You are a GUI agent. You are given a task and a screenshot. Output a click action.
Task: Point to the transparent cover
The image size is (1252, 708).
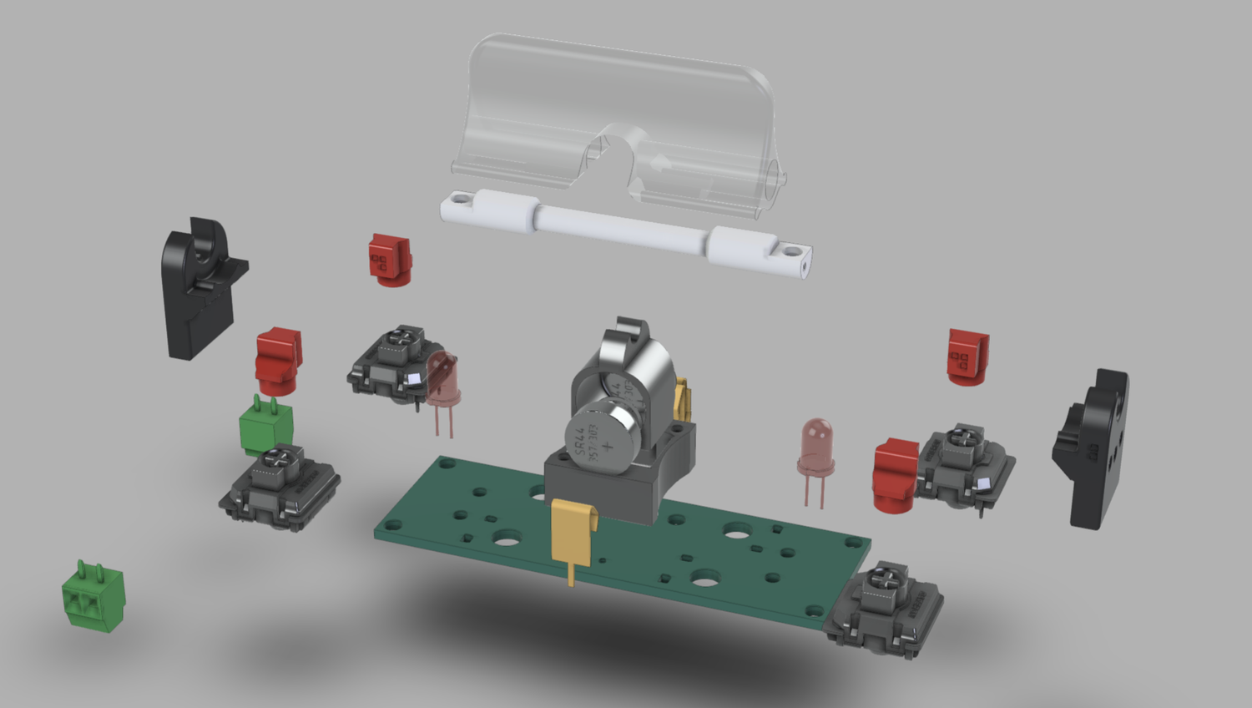tap(618, 109)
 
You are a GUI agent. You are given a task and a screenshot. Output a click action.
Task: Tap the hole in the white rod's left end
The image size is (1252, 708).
tap(457, 200)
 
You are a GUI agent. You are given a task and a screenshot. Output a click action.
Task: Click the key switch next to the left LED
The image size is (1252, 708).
tap(389, 362)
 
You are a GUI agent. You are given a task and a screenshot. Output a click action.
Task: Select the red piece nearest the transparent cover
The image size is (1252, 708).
tap(390, 258)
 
